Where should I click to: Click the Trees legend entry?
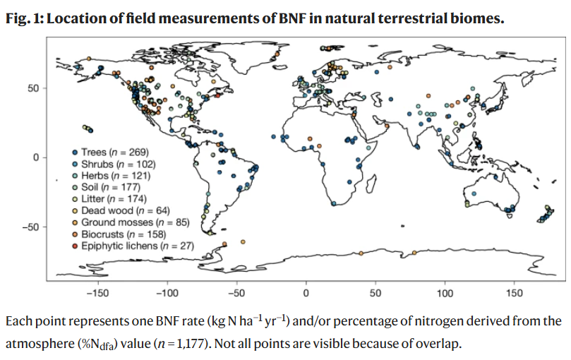(x=111, y=152)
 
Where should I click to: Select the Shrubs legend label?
(x=114, y=164)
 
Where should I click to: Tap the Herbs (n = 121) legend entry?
(x=112, y=176)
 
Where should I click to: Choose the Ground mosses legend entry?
(x=131, y=222)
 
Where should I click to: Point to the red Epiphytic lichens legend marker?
(x=75, y=246)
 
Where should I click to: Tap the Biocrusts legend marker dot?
(x=75, y=234)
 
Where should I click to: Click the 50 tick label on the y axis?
(x=33, y=88)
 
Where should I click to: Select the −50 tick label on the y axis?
(x=30, y=227)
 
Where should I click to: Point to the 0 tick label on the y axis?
(x=36, y=158)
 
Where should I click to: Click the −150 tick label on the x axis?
(x=97, y=293)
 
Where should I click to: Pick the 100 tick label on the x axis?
(x=445, y=293)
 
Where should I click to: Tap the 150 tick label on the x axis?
(x=515, y=293)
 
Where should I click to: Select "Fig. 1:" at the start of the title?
(x=25, y=18)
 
